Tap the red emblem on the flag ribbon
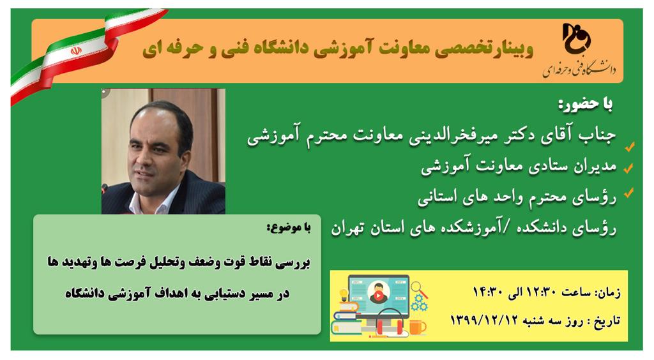[x=75, y=51]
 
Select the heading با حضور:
[x=586, y=104]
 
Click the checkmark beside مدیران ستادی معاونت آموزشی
[x=628, y=167]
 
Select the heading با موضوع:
[x=289, y=228]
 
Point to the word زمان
[x=609, y=292]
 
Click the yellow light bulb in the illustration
[x=343, y=295]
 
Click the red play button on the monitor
[x=379, y=296]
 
